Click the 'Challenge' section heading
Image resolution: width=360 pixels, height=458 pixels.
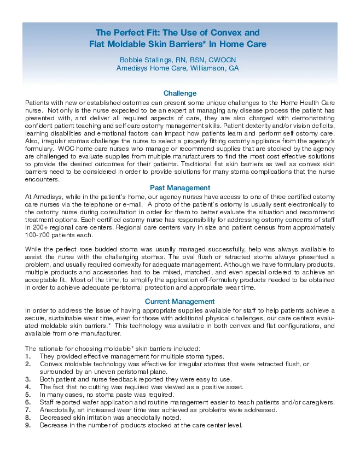(x=180, y=93)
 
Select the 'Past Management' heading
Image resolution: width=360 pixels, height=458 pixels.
(x=180, y=188)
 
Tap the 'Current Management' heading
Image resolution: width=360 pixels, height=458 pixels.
(x=179, y=301)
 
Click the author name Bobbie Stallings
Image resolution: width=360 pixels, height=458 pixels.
(x=148, y=59)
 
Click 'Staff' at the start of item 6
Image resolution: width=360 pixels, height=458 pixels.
(x=48, y=402)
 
